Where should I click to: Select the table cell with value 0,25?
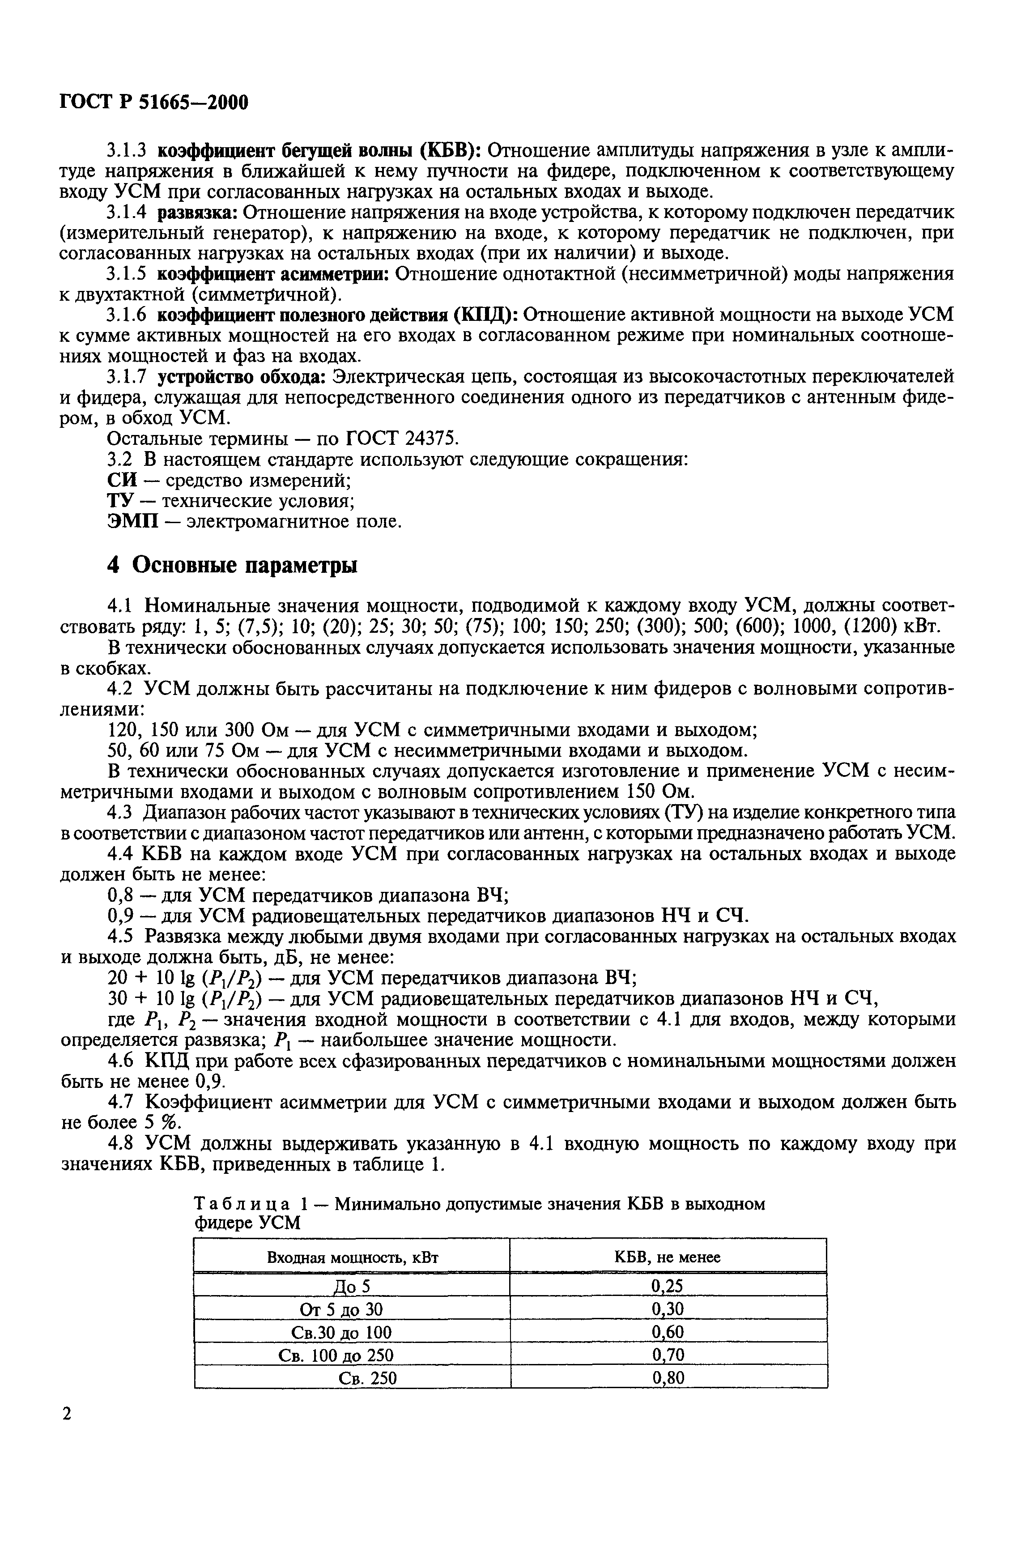coord(667,1286)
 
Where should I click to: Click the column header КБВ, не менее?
coord(667,1257)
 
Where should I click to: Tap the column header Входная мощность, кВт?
coord(352,1257)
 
